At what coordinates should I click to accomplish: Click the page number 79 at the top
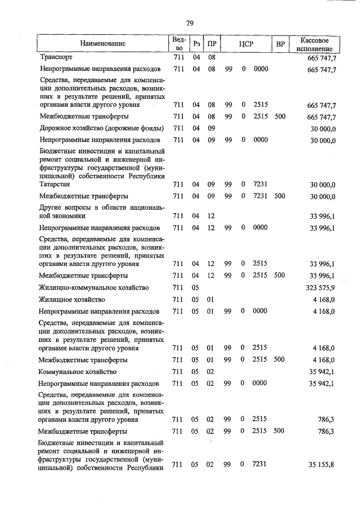tap(190, 23)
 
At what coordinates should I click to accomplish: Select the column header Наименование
tap(102, 43)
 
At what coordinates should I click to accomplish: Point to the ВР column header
tap(280, 44)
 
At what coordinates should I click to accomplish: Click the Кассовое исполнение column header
tap(318, 43)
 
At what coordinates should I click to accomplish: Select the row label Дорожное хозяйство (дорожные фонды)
tap(93, 128)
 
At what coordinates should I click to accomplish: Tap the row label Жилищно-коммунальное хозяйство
tap(93, 287)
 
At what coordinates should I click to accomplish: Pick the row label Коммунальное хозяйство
tap(78, 372)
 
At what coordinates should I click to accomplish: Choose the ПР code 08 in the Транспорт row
tap(211, 57)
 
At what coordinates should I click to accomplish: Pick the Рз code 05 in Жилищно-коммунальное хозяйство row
tap(196, 287)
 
